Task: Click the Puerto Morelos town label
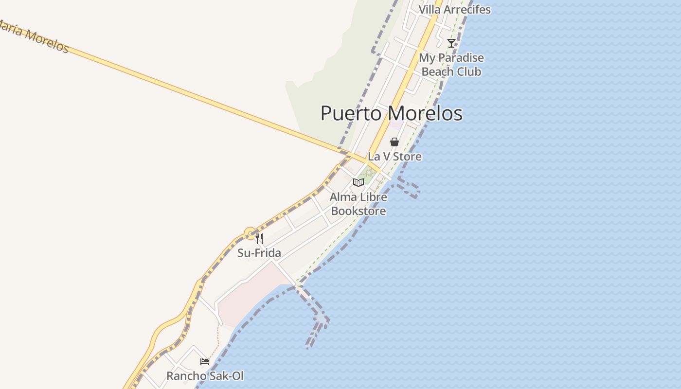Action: point(391,113)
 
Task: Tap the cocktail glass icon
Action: point(451,43)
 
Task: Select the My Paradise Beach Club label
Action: point(451,65)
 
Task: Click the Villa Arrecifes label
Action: point(454,9)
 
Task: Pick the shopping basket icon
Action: point(394,142)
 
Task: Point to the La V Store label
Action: point(394,157)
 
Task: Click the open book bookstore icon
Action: point(358,183)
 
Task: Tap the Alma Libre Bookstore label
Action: point(358,204)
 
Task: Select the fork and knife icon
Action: point(259,239)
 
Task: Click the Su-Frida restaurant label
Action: point(259,253)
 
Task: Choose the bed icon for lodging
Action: point(205,362)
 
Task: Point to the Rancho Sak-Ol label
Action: point(205,376)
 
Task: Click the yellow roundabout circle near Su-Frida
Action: point(250,234)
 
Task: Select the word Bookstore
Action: point(358,211)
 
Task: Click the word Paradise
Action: point(461,58)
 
